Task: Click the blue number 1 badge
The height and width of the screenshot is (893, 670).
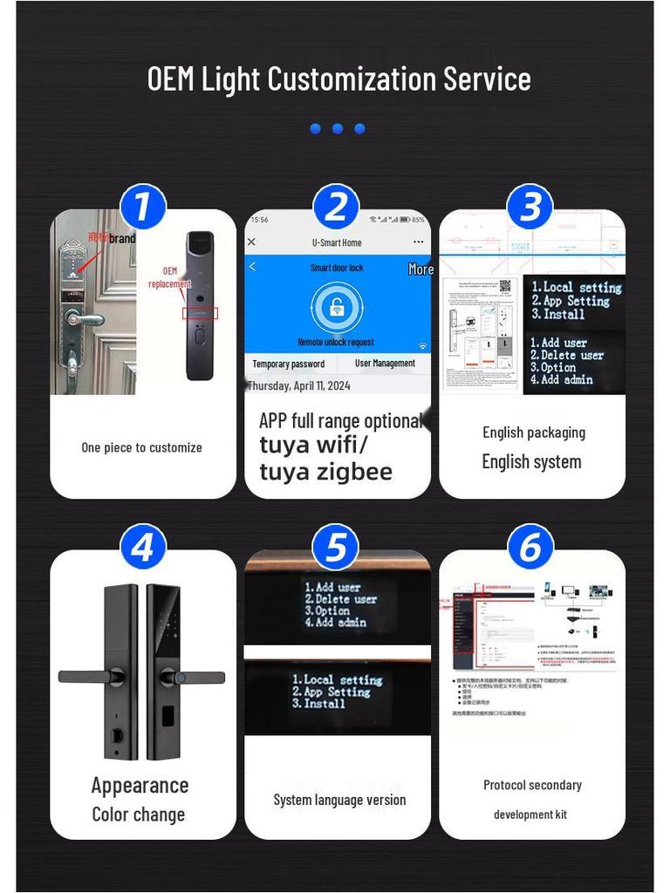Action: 142,208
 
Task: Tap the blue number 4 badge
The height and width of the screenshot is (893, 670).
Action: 142,549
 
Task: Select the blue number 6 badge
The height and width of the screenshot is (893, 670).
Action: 530,549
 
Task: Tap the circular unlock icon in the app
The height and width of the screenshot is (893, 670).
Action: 336,307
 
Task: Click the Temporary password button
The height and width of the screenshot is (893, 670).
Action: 288,364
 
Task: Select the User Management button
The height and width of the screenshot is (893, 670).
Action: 385,364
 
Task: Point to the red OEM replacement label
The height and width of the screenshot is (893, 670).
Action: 169,277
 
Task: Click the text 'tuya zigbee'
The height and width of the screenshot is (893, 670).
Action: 325,472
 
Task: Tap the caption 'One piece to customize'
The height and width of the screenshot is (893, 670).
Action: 141,447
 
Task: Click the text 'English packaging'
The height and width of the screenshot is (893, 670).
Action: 534,433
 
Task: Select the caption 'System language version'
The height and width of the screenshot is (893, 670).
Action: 339,800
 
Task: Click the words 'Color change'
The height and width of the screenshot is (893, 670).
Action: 139,815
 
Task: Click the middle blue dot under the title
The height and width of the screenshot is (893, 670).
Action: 338,129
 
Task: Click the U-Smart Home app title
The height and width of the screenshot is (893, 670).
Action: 336,242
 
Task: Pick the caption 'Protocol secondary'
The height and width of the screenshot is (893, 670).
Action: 532,785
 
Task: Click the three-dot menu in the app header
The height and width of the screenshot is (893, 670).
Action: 418,242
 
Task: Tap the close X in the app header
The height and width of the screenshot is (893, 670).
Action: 252,242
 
